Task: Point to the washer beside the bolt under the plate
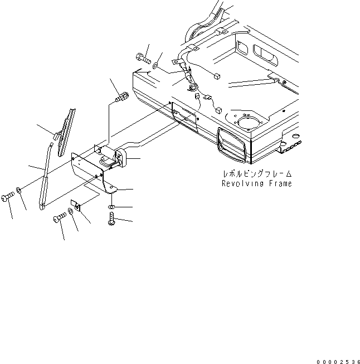coord(70,212)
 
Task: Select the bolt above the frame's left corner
coord(143,57)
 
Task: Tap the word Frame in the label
coord(278,183)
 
